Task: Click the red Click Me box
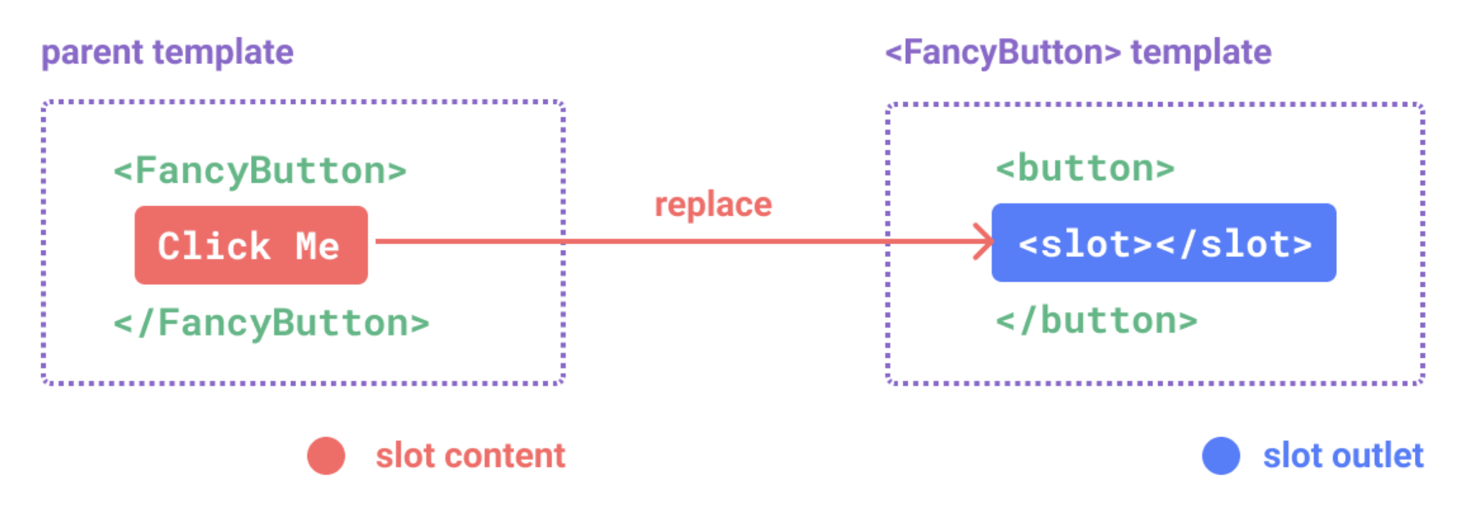tap(251, 245)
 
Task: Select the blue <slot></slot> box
tap(1163, 243)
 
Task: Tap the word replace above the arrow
tap(713, 205)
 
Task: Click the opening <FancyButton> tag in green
tap(260, 170)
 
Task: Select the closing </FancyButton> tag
tap(271, 322)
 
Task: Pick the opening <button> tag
tap(1085, 168)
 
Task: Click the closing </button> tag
tap(1096, 320)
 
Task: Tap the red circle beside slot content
tap(326, 456)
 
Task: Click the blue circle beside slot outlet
tap(1221, 456)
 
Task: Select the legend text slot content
tap(470, 456)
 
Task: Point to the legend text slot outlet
tap(1343, 456)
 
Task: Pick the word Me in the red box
tap(317, 246)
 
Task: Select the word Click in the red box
tap(214, 246)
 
